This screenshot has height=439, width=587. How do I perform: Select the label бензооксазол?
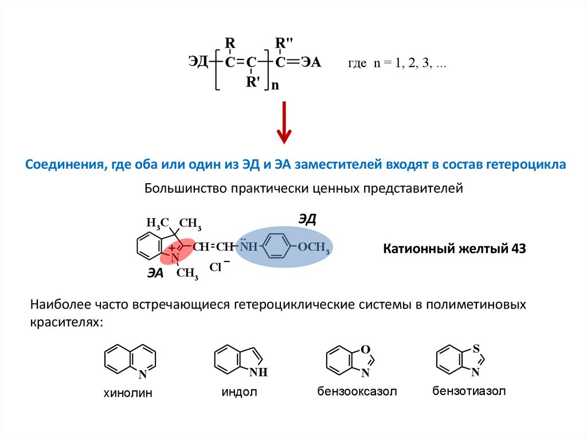coord(357,392)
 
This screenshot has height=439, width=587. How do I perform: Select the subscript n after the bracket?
coord(275,85)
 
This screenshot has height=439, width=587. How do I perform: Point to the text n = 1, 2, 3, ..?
coord(409,64)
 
